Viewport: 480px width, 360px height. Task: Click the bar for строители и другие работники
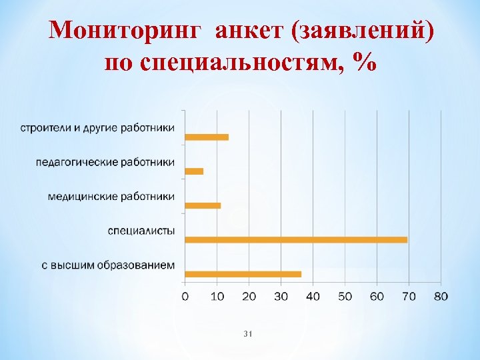tap(207, 137)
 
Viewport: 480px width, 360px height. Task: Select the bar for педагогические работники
tap(194, 171)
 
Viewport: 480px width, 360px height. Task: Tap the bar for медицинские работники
tap(203, 205)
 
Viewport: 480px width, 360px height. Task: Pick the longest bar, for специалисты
tap(296, 239)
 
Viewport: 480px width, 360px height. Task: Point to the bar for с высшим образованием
tap(243, 274)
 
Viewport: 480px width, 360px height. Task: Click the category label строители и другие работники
tap(97, 127)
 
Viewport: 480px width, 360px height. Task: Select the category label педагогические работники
tap(105, 162)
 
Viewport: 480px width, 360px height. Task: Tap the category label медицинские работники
tap(111, 197)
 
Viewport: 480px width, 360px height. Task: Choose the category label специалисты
tap(142, 231)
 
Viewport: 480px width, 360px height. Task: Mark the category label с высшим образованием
tap(109, 265)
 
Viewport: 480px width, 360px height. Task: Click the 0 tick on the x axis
tap(185, 296)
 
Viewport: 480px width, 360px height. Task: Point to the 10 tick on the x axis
tap(217, 296)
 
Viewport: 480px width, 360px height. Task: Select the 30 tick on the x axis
tap(281, 296)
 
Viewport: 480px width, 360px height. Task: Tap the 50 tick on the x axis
tap(345, 296)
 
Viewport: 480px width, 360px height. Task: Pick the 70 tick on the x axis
tap(409, 296)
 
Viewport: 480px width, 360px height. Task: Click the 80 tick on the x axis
tap(441, 296)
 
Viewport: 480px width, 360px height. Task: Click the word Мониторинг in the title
tap(128, 31)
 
